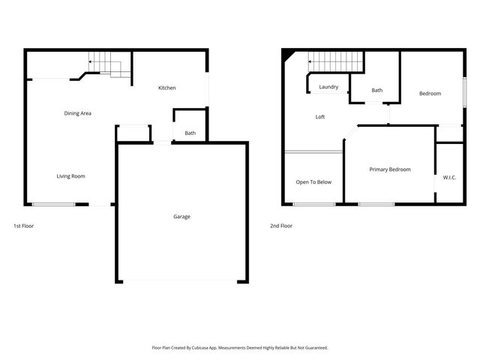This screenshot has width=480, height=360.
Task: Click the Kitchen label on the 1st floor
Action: (x=166, y=88)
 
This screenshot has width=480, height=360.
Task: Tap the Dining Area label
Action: (x=77, y=113)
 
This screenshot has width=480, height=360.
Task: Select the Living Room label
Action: (x=70, y=176)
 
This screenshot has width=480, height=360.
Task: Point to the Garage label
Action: (x=181, y=217)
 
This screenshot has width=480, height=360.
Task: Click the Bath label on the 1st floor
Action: (x=190, y=133)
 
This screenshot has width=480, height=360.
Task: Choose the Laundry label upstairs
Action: (x=328, y=87)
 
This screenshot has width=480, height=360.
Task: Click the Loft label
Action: (x=319, y=117)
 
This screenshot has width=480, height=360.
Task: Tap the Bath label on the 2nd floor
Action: (x=376, y=91)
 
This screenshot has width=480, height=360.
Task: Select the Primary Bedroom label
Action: (x=390, y=169)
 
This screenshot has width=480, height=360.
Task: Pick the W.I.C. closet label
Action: (x=450, y=178)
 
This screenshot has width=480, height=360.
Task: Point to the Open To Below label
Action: (x=313, y=182)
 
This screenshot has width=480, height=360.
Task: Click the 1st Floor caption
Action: (x=23, y=226)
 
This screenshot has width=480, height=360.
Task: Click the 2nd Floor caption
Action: (x=280, y=226)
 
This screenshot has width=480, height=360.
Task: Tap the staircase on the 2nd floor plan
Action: (x=336, y=60)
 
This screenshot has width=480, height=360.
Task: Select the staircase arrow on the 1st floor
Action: (x=91, y=62)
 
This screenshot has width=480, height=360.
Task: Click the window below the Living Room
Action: (x=53, y=205)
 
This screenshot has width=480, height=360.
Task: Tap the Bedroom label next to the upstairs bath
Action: (x=430, y=94)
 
